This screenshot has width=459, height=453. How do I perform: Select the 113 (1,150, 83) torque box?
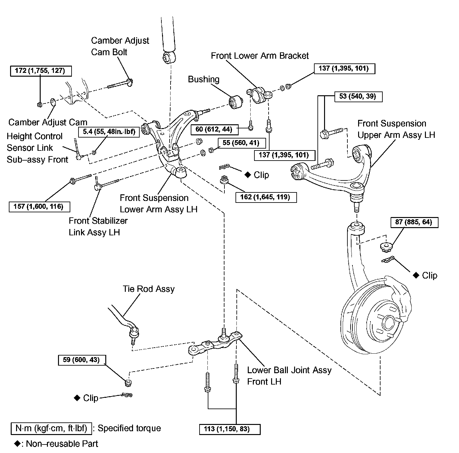click(230, 429)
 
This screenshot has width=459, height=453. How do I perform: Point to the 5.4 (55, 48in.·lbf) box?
click(109, 132)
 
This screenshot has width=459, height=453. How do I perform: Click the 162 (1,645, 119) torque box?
click(266, 197)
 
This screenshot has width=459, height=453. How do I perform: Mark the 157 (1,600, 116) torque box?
click(39, 207)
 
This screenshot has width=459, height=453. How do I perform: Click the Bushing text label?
click(204, 79)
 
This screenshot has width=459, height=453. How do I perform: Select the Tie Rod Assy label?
click(148, 289)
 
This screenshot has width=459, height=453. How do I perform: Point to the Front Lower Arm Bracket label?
click(260, 56)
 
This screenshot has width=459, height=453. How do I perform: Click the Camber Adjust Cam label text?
click(48, 122)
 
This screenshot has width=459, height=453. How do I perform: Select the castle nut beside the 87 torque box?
click(385, 247)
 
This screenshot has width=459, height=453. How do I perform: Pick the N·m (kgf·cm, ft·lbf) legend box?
click(51, 428)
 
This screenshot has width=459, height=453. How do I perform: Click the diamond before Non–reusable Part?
click(17, 444)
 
